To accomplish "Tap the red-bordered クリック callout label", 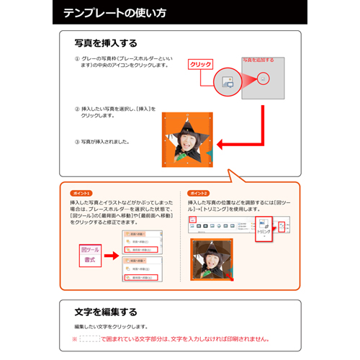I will [200, 65].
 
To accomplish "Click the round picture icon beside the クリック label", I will [227, 81].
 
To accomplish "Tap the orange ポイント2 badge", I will [199, 194].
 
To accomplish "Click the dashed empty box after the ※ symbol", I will [89, 338].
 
